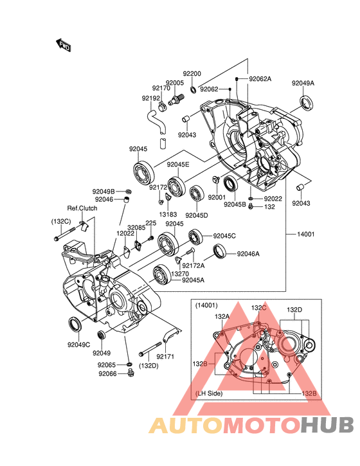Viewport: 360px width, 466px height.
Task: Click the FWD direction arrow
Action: [x=63, y=45]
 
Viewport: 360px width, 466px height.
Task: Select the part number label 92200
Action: [x=192, y=74]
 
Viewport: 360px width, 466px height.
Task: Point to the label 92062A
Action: [x=260, y=79]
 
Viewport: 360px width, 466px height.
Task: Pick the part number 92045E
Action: [x=178, y=165]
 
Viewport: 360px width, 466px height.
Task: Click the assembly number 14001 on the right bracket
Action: [x=305, y=234]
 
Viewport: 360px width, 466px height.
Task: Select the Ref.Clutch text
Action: [x=82, y=208]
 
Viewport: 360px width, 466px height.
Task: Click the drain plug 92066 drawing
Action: [x=130, y=372]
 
